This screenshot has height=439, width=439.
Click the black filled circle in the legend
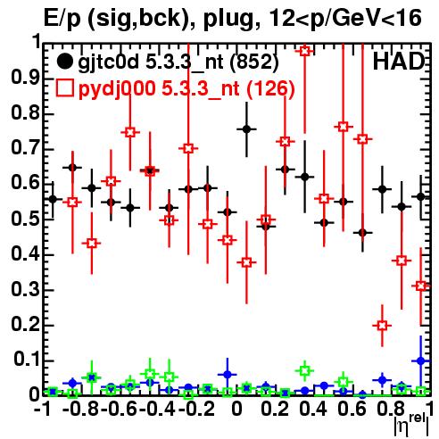pyautogui.click(x=64, y=62)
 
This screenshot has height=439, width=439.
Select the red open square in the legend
pyautogui.click(x=64, y=88)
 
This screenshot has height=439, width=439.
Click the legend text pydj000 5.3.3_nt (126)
pyautogui.click(x=186, y=89)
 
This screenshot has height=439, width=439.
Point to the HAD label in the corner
pyautogui.click(x=399, y=62)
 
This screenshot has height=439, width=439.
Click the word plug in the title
pyautogui.click(x=228, y=19)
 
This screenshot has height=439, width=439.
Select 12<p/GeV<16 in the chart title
pyautogui.click(x=344, y=19)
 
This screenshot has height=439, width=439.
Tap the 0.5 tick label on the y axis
pyautogui.click(x=25, y=219)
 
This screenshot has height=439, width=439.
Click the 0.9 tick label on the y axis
pyautogui.click(x=25, y=78)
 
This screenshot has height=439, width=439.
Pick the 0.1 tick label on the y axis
pyautogui.click(x=27, y=360)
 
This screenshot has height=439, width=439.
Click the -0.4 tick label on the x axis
pyautogui.click(x=158, y=409)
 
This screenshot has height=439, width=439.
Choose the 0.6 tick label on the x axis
pyautogui.click(x=352, y=409)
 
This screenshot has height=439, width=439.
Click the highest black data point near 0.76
pyautogui.click(x=246, y=129)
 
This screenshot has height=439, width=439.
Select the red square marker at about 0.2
pyautogui.click(x=382, y=325)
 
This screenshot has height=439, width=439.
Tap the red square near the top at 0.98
pyautogui.click(x=304, y=51)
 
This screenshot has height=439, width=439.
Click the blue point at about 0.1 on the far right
pyautogui.click(x=421, y=361)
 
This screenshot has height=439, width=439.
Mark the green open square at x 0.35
pyautogui.click(x=304, y=371)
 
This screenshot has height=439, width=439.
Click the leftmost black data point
pyautogui.click(x=53, y=199)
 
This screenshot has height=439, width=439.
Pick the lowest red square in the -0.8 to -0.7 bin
pyautogui.click(x=92, y=243)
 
